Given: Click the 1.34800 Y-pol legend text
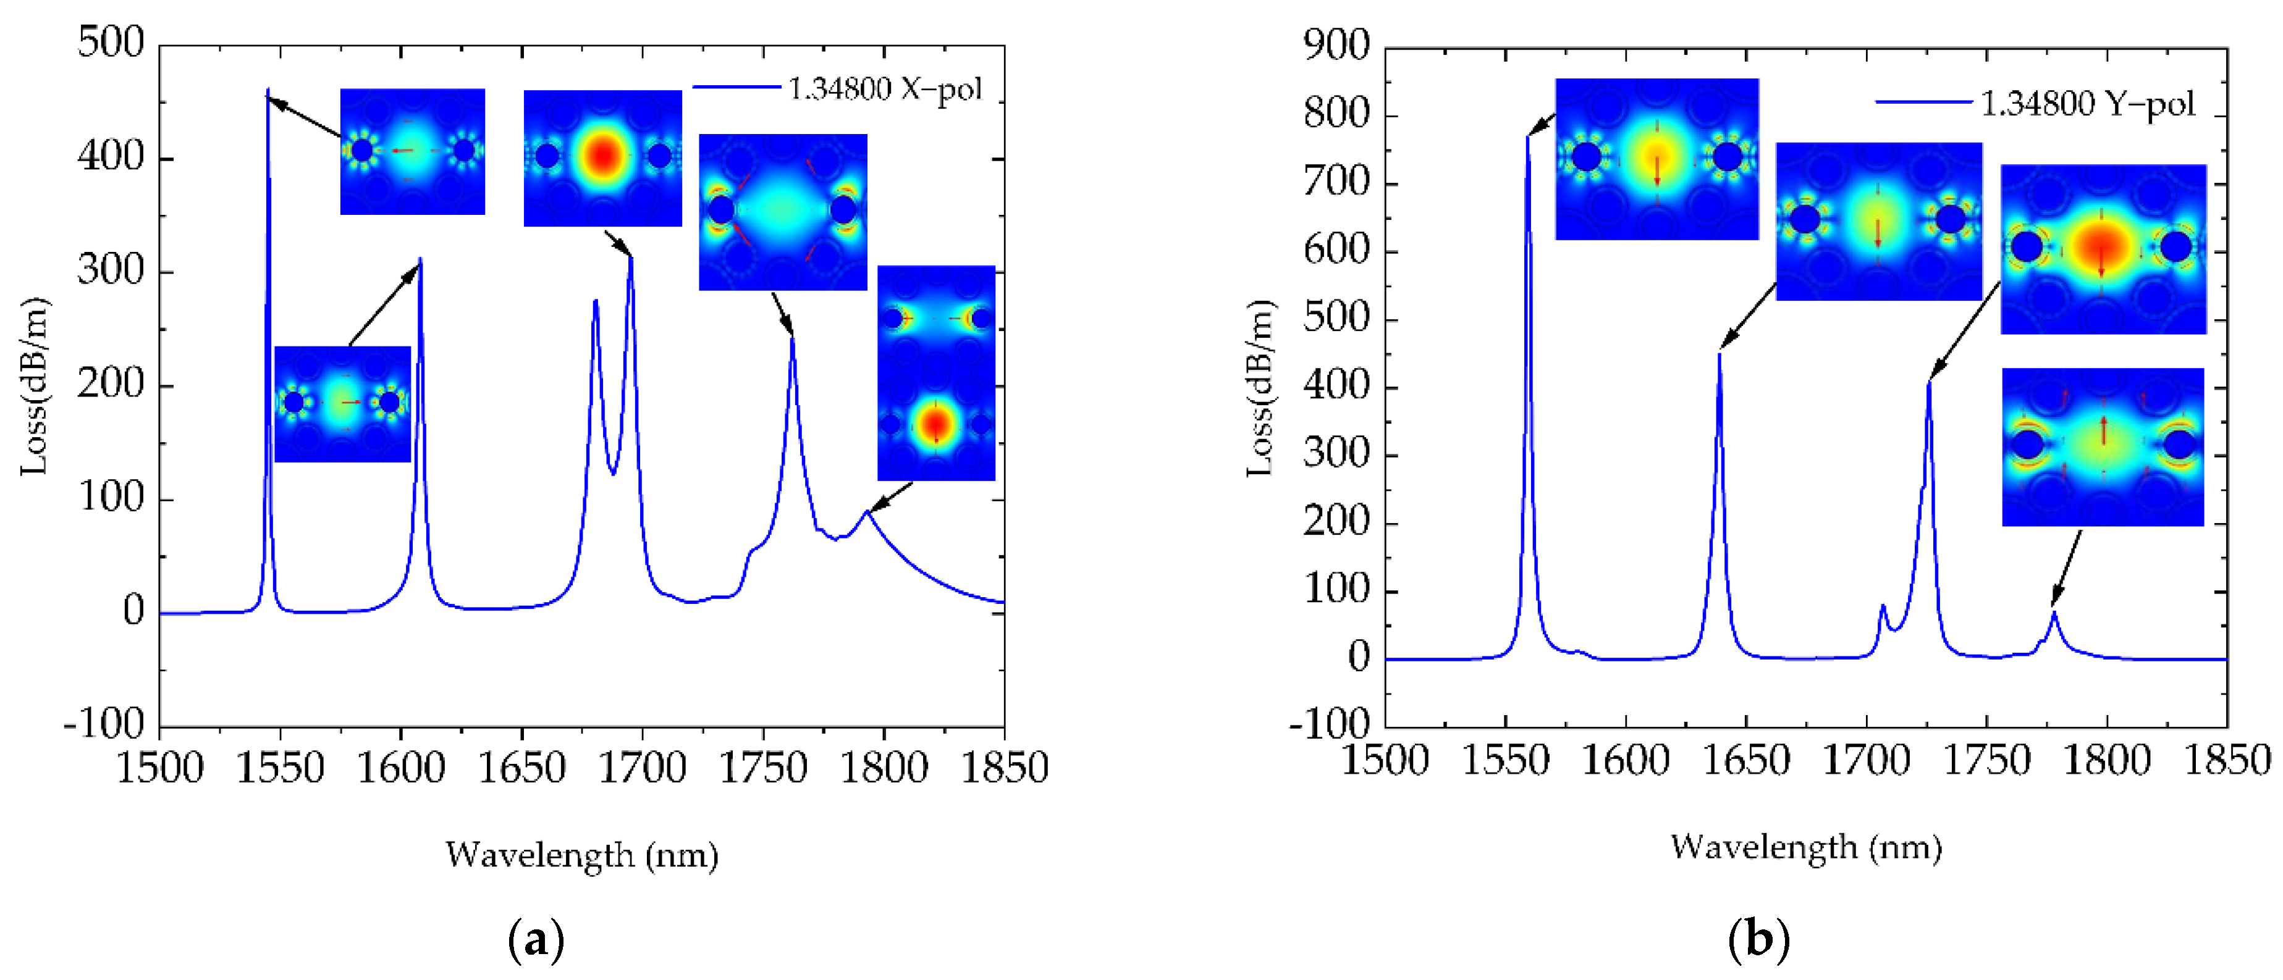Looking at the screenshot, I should pos(2087,104).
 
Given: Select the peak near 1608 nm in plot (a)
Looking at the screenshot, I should pos(420,259).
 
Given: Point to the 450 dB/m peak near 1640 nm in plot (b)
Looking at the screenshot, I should pos(1720,354).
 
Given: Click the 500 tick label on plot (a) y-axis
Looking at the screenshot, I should pos(111,43).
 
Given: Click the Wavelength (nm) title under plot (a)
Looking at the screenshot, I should pos(581,855).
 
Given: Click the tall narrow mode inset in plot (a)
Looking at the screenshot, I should pos(936,372).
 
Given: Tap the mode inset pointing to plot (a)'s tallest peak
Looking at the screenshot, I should pos(412,151).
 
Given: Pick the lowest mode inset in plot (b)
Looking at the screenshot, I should pos(2102,446).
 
